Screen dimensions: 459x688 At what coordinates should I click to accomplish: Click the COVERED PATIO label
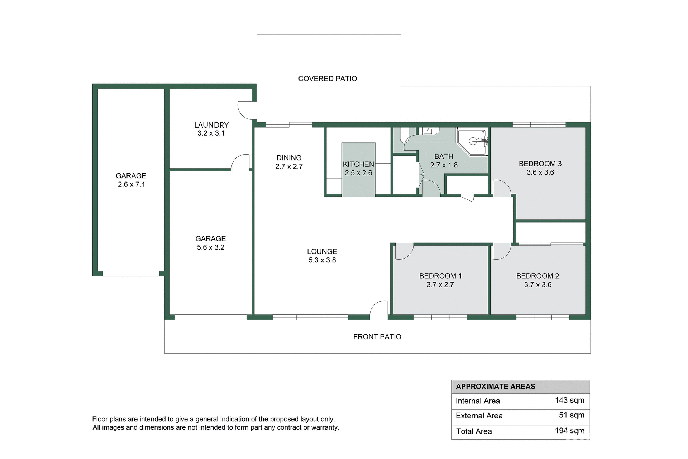[x=328, y=79]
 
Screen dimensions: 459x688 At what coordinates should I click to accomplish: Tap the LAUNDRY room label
[x=211, y=125]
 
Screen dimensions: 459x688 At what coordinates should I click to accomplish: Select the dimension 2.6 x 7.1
[x=131, y=184]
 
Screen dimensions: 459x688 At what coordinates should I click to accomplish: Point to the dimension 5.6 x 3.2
[x=210, y=247]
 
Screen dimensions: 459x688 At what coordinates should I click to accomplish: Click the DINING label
[x=289, y=158]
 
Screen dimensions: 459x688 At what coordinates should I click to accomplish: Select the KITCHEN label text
[x=358, y=164]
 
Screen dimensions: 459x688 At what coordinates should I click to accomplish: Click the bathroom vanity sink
[x=428, y=131]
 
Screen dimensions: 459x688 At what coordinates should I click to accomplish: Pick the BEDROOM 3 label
[x=540, y=164]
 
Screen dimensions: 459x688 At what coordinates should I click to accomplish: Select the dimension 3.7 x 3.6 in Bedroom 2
[x=537, y=285]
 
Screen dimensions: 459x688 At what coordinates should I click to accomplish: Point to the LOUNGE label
[x=322, y=252]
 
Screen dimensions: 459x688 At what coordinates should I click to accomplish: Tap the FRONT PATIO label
[x=377, y=337]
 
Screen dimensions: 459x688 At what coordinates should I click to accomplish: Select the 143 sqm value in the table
[x=569, y=400]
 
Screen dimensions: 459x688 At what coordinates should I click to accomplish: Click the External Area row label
[x=479, y=416]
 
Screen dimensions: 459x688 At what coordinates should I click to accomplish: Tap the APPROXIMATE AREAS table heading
[x=495, y=387]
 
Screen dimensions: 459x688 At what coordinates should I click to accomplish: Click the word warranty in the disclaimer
[x=324, y=427]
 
